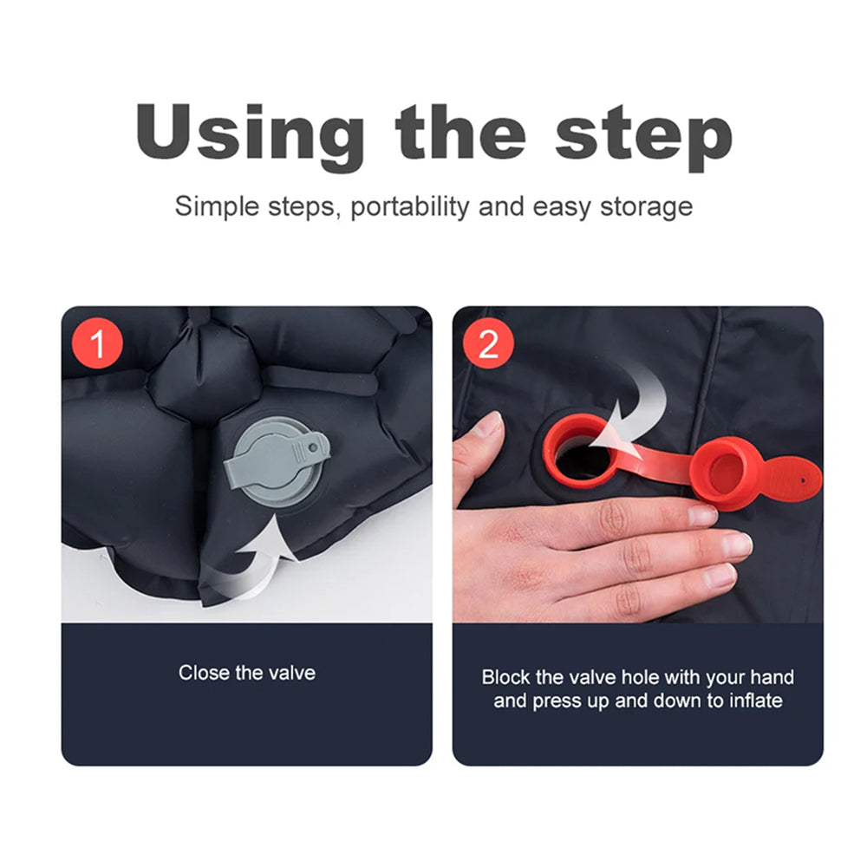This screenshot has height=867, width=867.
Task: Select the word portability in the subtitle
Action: tap(410, 207)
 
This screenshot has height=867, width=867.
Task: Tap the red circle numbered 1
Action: tap(97, 343)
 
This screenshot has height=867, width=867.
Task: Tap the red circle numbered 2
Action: tap(488, 343)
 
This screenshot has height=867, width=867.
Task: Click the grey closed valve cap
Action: tap(277, 460)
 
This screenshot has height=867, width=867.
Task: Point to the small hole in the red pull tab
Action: tap(803, 480)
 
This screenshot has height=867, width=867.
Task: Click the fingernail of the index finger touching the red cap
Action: tap(702, 515)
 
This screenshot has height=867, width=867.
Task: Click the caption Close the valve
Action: tap(246, 673)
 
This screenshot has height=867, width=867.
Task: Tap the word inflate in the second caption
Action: tap(756, 701)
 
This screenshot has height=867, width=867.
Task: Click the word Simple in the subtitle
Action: tap(217, 207)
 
